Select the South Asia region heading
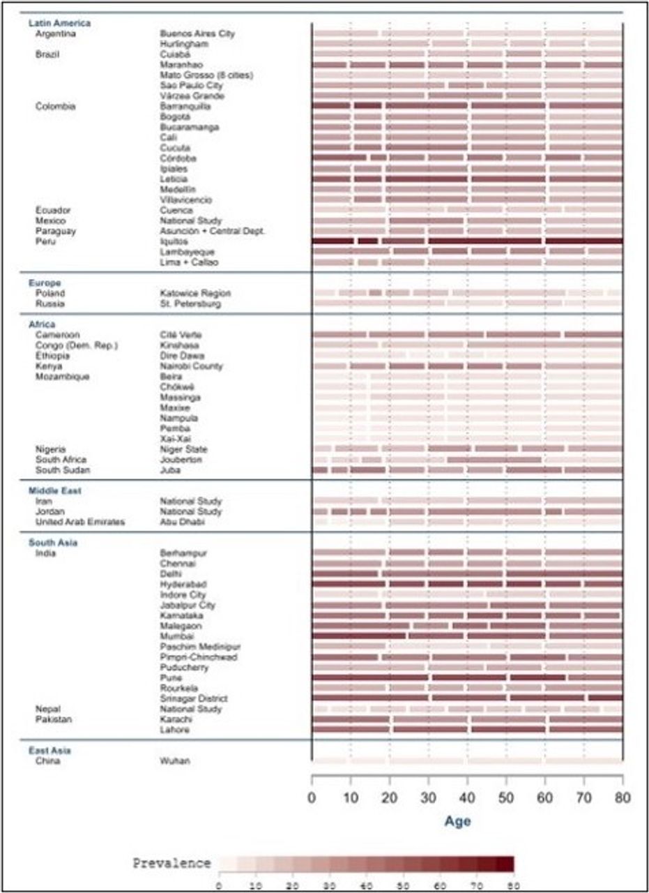53,542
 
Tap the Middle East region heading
55,490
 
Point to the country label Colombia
55,106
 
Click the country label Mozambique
61,376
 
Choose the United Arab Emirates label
80,522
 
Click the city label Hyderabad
181,584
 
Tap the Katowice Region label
194,294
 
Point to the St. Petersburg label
188,304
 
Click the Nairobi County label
191,366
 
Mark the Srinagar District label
194,698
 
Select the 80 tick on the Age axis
622,797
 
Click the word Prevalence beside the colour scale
171,863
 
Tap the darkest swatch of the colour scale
505,864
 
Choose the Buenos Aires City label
197,33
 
